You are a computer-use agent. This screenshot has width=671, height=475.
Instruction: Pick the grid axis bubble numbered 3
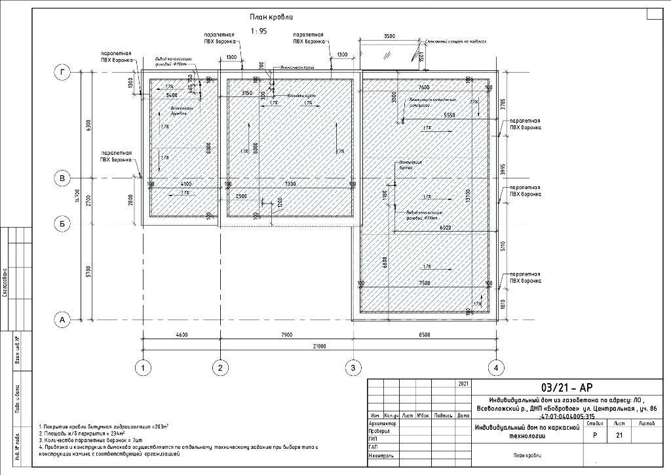353,369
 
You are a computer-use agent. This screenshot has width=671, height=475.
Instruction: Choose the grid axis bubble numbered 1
142,369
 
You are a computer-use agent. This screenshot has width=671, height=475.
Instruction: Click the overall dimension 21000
320,346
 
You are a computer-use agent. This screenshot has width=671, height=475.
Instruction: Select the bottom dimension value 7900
286,335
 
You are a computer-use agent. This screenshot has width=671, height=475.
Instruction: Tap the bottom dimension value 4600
181,335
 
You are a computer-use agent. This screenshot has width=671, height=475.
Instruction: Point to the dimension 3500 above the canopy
390,37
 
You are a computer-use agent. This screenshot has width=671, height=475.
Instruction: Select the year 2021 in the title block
463,382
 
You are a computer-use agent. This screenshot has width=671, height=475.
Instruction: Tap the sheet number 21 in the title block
619,435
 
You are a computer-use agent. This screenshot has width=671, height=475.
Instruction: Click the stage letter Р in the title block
594,435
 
